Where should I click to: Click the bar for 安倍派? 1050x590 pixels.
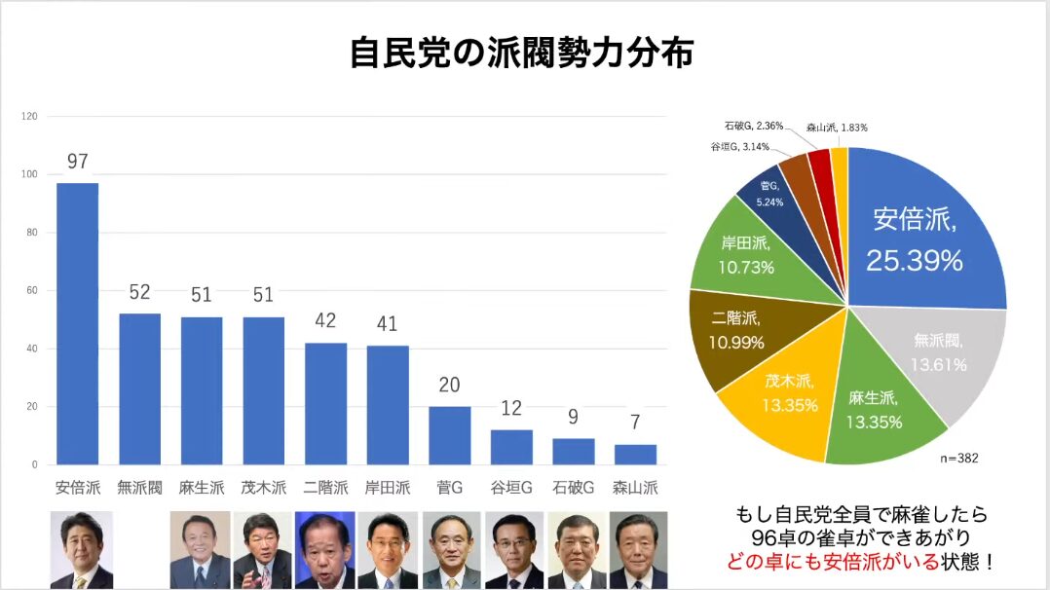(77, 323)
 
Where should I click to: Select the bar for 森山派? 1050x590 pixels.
(635, 455)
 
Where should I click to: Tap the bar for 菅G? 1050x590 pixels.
(449, 435)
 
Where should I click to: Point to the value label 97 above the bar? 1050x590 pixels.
(78, 162)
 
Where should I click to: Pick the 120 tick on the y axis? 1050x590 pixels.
(29, 117)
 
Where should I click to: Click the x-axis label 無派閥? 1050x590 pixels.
(139, 488)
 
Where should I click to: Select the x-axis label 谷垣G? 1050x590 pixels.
(511, 488)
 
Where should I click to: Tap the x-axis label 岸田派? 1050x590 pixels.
(388, 488)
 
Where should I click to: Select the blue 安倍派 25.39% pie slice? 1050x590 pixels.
(925, 234)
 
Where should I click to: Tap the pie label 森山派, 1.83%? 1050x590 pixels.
(837, 128)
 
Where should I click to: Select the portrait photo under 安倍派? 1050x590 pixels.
(81, 550)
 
